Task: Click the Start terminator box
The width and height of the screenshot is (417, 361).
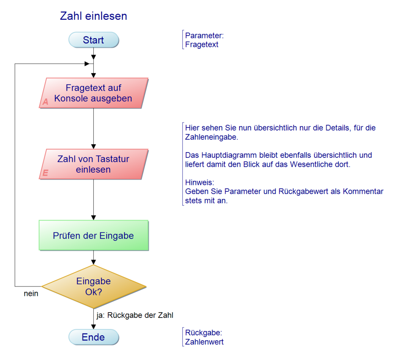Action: click(x=94, y=40)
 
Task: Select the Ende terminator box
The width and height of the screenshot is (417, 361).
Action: click(x=94, y=337)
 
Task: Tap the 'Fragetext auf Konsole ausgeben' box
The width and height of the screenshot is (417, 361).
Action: click(x=94, y=93)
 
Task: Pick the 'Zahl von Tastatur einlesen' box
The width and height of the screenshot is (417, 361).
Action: click(x=94, y=164)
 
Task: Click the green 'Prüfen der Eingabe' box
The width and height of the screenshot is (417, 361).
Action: click(x=94, y=236)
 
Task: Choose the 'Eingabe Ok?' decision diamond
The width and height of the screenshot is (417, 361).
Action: click(x=94, y=286)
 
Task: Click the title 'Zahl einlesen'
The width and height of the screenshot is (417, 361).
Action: click(x=94, y=16)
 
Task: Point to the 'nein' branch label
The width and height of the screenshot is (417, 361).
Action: click(x=31, y=293)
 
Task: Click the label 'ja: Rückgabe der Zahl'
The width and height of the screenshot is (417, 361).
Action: click(x=135, y=315)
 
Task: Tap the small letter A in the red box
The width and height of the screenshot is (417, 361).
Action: click(x=45, y=102)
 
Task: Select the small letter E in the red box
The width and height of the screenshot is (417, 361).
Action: click(x=45, y=173)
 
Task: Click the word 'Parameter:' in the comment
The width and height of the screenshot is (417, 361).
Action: click(x=204, y=36)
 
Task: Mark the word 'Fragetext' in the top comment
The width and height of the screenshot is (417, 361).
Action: click(x=202, y=45)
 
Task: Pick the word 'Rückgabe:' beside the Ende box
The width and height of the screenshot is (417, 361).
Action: click(x=204, y=333)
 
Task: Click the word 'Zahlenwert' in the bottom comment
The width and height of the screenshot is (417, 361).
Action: click(x=204, y=342)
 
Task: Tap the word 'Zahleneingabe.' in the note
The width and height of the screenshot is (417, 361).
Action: click(x=212, y=137)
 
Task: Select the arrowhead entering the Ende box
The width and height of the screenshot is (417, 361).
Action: click(x=94, y=327)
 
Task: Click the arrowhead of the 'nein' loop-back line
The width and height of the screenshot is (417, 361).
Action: click(x=87, y=64)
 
